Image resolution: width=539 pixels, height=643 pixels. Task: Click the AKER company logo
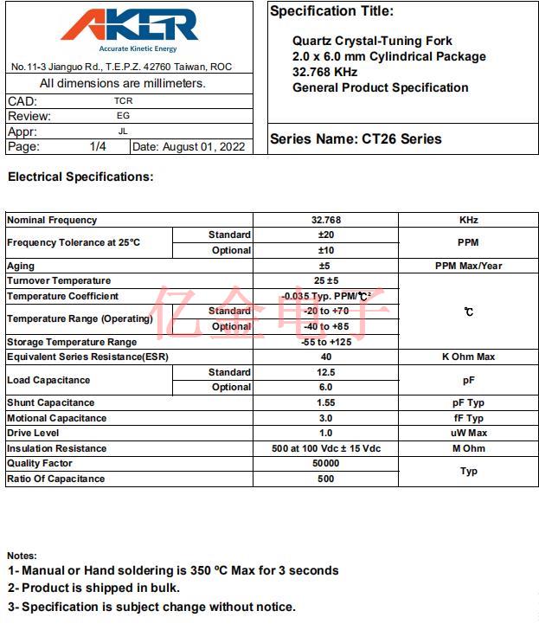[x=130, y=29]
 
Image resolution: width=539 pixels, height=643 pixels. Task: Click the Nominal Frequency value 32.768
[x=325, y=220]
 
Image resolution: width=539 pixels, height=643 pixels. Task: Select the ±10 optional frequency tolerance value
[x=325, y=250]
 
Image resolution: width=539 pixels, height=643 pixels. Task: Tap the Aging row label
[x=21, y=266]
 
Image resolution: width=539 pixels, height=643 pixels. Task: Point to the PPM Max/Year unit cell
[x=468, y=266]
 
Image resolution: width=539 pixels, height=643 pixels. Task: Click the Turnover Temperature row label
[x=59, y=280]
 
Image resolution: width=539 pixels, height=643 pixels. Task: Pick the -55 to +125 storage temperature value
[x=326, y=342]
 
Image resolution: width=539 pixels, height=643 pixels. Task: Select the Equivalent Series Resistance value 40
[x=326, y=357]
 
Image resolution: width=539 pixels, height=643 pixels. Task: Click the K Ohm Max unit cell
[x=468, y=357]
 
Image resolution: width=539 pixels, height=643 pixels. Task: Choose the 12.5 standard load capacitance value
[x=326, y=372]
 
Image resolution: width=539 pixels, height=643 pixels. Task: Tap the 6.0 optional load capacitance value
[x=326, y=387]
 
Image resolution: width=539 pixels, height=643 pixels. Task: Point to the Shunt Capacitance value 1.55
[x=326, y=402]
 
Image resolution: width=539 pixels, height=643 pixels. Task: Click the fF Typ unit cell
[x=468, y=418]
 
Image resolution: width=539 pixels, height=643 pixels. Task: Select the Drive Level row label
[x=33, y=433]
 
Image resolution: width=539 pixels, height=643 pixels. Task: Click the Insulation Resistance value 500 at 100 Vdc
[x=326, y=448]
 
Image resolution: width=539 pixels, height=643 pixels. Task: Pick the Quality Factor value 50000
[x=326, y=463]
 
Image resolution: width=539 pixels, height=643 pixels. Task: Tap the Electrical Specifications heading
[x=80, y=177]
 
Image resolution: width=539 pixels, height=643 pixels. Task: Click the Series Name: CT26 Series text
[x=356, y=138]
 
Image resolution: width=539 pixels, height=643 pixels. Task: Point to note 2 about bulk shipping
[x=94, y=588]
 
